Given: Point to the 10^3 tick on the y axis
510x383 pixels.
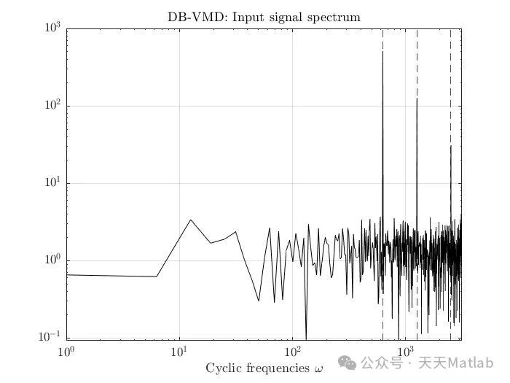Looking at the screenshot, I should click(x=53, y=29).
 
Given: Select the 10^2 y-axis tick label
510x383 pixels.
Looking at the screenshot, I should click(x=53, y=107).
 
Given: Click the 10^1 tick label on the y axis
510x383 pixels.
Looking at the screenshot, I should click(x=53, y=184).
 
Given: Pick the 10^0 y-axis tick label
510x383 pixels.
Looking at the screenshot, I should click(x=53, y=261).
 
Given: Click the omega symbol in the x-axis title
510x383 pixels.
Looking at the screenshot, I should click(x=318, y=368).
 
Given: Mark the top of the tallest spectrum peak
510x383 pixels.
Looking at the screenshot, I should click(x=382, y=52).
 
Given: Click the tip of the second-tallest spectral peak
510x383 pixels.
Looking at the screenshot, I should click(x=417, y=98).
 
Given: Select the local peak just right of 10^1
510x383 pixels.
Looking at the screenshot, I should click(x=191, y=220).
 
